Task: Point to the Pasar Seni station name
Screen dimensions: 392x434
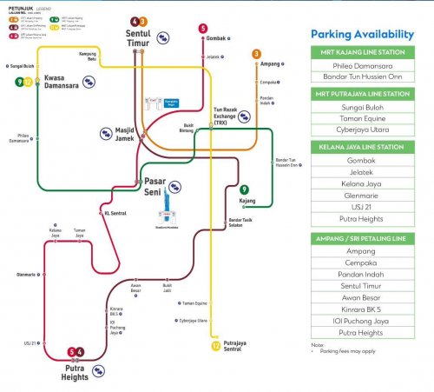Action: coord(148,185)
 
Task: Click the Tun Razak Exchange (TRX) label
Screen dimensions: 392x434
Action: coord(226,115)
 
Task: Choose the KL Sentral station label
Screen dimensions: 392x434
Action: coord(115,212)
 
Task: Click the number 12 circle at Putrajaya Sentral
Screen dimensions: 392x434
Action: coord(215,345)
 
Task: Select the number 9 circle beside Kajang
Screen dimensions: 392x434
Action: coord(245,189)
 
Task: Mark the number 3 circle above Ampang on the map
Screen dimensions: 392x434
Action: coord(257,54)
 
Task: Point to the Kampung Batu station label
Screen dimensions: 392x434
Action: coord(87,57)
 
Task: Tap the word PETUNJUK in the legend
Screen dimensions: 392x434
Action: coord(16,7)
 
